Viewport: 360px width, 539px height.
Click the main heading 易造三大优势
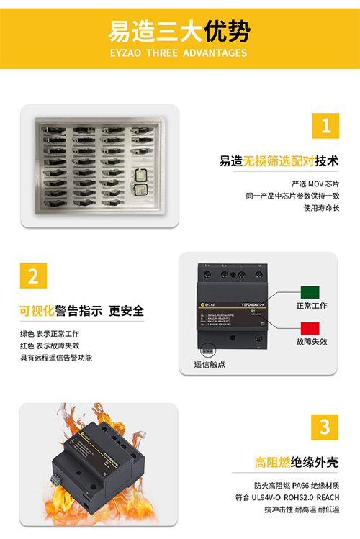coord(179,31)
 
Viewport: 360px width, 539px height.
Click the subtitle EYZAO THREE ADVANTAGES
coord(179,53)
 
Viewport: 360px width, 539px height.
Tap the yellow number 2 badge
coord(33,275)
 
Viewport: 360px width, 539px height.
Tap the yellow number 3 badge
coord(325,425)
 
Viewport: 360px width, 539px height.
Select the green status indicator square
coord(310,292)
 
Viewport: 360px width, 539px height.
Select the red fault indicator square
coord(310,326)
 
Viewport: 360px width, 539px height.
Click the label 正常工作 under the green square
coord(311,306)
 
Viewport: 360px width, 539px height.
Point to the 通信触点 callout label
coord(210,364)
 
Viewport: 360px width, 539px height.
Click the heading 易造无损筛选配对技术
coord(279,160)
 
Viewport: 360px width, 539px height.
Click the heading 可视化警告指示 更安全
coord(81,311)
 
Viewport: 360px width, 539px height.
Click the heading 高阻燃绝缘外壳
coord(296,461)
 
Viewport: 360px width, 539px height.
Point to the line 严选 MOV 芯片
coord(315,184)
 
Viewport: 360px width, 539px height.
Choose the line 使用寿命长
coord(320,208)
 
